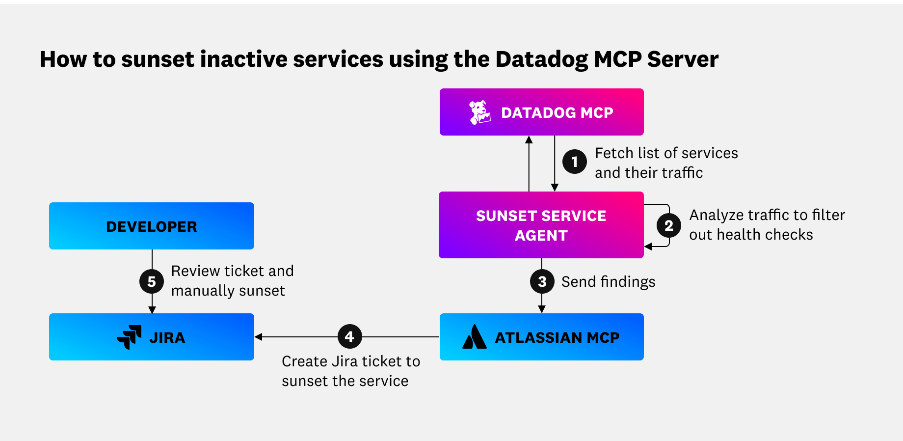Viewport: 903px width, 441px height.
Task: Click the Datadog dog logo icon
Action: pos(479,112)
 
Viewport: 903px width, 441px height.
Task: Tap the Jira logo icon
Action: pos(129,337)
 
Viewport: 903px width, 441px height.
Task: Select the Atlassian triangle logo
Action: pos(474,337)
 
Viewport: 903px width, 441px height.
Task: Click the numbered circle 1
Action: pos(574,162)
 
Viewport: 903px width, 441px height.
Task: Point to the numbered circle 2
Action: pos(668,226)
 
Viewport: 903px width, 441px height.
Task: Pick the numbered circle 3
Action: pos(542,281)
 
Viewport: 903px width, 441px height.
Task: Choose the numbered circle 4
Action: pos(349,337)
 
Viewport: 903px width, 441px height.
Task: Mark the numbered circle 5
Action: pos(152,281)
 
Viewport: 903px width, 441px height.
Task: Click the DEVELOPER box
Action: pos(152,226)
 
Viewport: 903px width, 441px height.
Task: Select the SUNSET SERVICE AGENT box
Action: pos(541,225)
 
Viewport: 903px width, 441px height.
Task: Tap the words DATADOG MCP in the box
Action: pos(557,112)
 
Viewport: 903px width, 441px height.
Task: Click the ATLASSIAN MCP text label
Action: pos(557,337)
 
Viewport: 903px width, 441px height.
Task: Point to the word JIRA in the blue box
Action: pos(167,338)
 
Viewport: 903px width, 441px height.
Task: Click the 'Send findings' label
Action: pos(608,282)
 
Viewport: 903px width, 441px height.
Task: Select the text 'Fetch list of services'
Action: pos(666,153)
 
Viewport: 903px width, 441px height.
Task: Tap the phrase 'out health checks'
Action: pos(750,235)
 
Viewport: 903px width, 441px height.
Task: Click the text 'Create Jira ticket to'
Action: pos(350,361)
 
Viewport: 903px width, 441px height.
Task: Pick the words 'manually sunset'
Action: pos(228,291)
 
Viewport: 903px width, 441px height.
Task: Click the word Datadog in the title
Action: pos(541,59)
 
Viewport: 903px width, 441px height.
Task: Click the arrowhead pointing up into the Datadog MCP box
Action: pos(529,140)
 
